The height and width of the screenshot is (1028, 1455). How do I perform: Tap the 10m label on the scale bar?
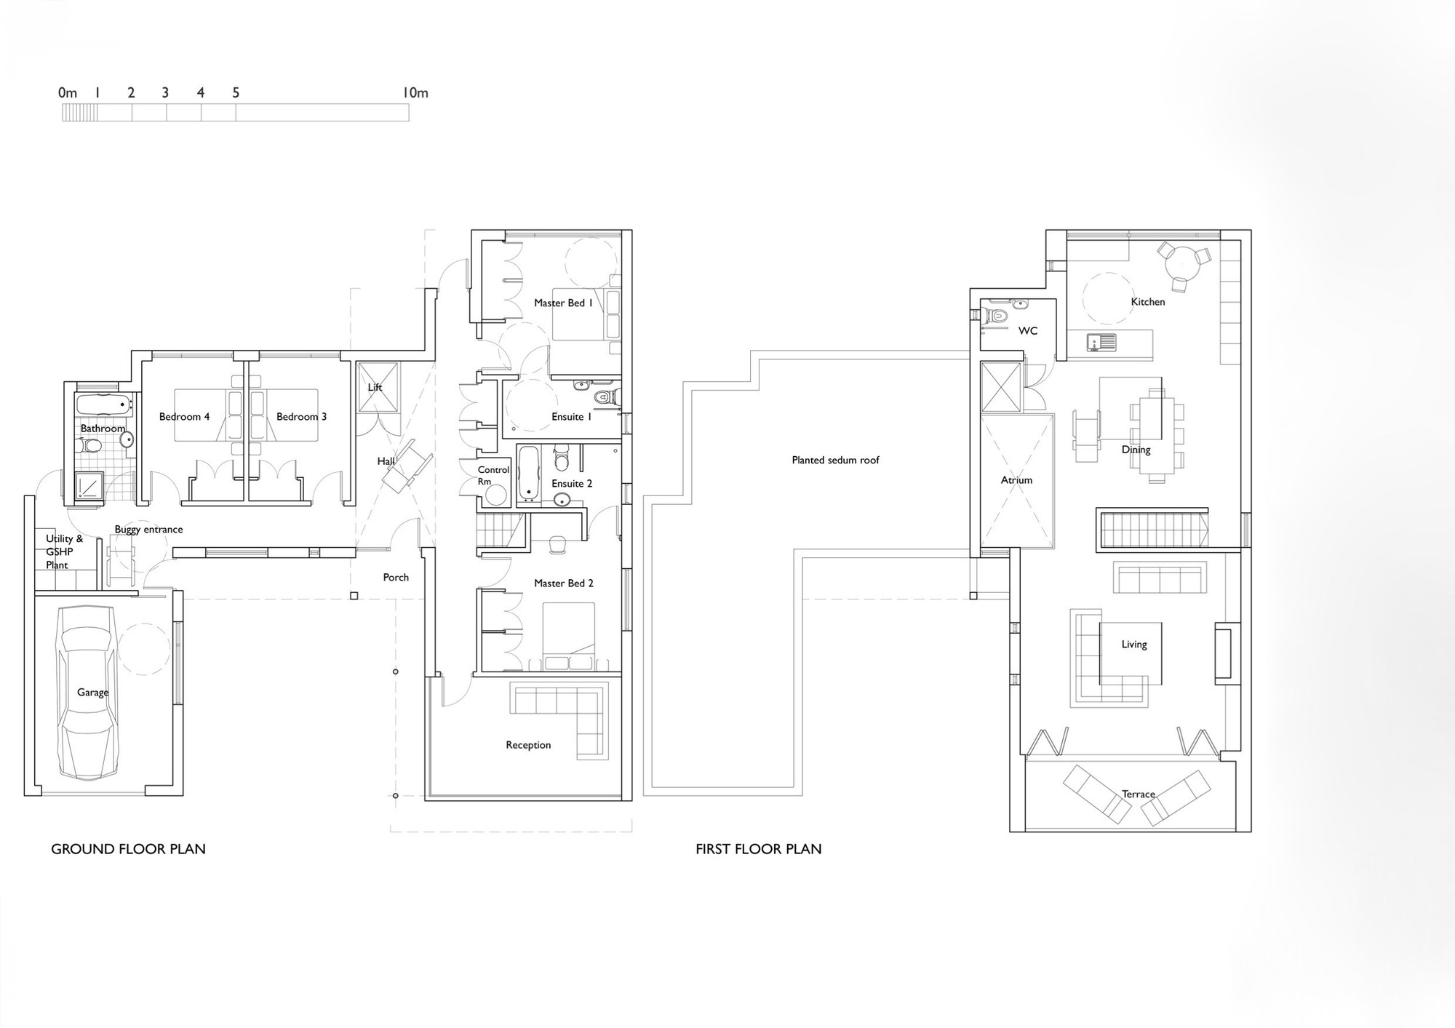point(415,93)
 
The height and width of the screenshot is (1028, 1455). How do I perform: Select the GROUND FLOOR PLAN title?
point(128,849)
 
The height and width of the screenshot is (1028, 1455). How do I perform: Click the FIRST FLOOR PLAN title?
point(758,849)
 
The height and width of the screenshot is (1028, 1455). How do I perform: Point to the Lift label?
point(375,387)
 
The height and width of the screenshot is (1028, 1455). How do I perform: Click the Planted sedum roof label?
point(835,460)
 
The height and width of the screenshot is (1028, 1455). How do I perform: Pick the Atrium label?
point(1016,480)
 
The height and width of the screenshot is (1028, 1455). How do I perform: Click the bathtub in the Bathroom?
point(103,404)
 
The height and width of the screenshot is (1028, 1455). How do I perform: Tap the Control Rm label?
point(493,476)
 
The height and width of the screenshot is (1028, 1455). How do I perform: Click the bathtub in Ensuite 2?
point(528,474)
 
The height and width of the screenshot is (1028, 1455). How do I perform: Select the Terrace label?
point(1139,794)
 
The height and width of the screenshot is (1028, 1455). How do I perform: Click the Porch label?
point(396,578)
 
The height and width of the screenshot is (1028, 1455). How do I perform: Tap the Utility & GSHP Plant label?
point(63,551)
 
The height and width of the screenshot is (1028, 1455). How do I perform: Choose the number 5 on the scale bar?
point(236,93)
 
